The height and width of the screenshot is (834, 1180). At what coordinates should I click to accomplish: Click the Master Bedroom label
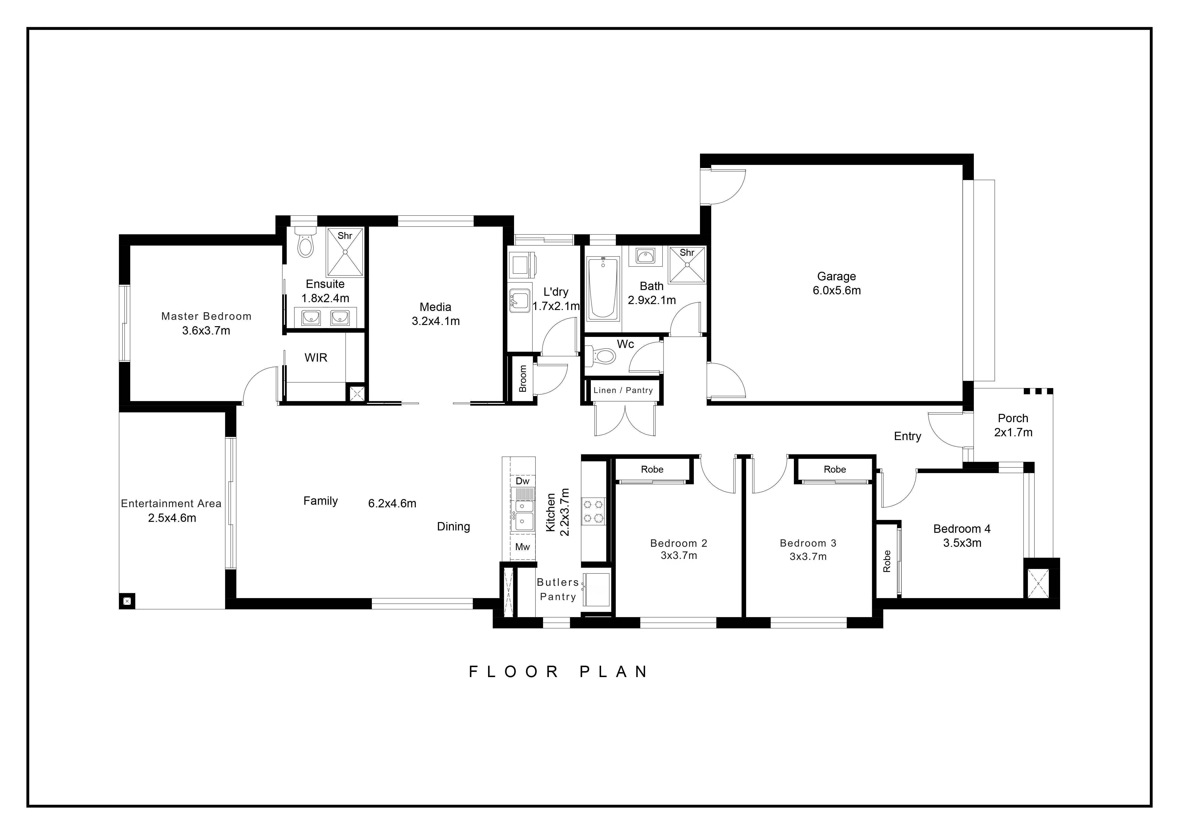[206, 316]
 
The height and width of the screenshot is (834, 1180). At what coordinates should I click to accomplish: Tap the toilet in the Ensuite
[305, 242]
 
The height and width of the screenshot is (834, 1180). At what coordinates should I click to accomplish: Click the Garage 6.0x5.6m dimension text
[837, 290]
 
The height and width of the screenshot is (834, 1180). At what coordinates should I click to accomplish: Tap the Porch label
[1013, 418]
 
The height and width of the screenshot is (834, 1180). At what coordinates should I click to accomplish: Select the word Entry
[908, 436]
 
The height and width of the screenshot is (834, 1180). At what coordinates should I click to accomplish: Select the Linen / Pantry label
[623, 391]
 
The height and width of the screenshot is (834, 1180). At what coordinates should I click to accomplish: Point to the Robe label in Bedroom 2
[652, 469]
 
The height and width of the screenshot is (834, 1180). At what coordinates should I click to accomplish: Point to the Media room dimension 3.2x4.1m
[436, 321]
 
